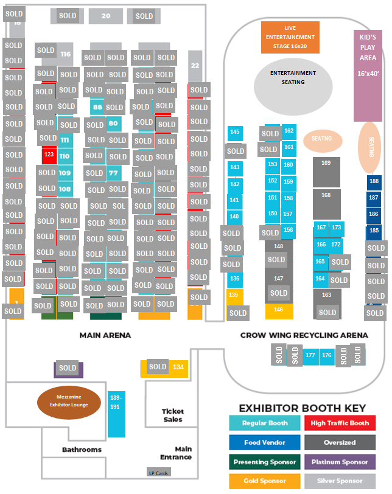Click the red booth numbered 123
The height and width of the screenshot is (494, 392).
pyautogui.click(x=49, y=155)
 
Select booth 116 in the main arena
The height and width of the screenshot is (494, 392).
pyautogui.click(x=66, y=54)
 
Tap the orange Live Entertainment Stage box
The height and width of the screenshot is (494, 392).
pyautogui.click(x=290, y=37)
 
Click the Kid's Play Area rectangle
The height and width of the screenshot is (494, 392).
pyautogui.click(x=368, y=75)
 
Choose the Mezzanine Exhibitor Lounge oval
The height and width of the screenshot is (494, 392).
pyautogui.click(x=68, y=402)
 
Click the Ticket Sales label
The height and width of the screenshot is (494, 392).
pyautogui.click(x=172, y=416)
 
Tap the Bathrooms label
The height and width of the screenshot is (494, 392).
pyautogui.click(x=82, y=450)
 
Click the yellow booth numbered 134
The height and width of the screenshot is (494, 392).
pyautogui.click(x=178, y=367)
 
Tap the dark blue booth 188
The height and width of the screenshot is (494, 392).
pyautogui.click(x=374, y=181)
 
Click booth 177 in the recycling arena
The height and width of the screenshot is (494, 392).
pyautogui.click(x=310, y=355)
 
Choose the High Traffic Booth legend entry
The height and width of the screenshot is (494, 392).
pyautogui.click(x=340, y=423)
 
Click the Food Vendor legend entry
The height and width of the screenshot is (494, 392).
pyautogui.click(x=264, y=442)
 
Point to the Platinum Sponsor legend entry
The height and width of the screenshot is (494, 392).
pyautogui.click(x=340, y=462)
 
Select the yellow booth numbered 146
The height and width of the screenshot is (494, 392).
pyautogui.click(x=279, y=310)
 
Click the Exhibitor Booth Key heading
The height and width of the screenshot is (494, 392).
pyautogui.click(x=302, y=408)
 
